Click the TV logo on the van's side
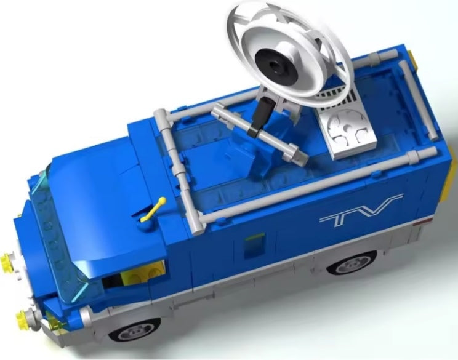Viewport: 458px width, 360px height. (361, 211)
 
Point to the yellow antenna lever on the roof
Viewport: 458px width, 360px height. (153, 210)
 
